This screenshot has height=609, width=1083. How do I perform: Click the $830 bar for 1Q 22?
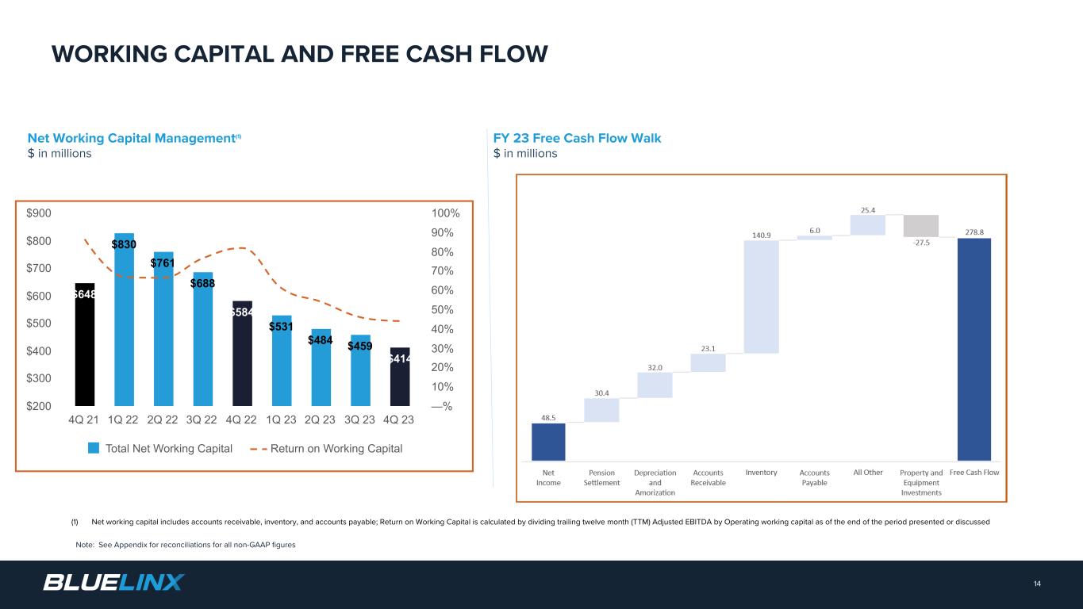124,325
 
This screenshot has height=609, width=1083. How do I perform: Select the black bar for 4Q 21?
84,349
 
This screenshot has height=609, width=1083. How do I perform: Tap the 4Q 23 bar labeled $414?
400,379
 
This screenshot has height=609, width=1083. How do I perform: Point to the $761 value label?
163,262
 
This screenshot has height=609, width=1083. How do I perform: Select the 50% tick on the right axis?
442,310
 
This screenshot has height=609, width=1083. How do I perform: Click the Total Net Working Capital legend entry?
159,449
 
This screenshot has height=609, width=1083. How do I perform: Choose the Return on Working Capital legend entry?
326,449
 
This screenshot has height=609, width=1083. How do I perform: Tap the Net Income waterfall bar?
548,442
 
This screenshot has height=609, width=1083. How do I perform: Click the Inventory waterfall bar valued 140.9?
761,297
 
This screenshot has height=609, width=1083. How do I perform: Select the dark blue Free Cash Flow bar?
974,349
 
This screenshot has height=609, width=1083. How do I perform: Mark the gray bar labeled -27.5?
920,226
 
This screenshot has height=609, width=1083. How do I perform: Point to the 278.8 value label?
974,232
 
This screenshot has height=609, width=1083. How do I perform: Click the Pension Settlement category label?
601,477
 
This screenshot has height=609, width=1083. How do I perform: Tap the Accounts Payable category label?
814,477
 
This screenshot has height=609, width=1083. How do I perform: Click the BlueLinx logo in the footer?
113,583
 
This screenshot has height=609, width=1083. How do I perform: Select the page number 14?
1037,584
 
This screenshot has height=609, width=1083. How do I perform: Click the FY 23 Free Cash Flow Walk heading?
577,138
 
